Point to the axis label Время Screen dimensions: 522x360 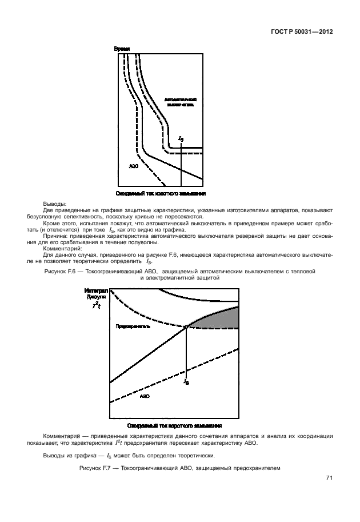point(122,49)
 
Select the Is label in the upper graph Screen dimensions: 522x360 point(181,139)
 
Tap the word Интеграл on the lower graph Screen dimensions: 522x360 point(95,290)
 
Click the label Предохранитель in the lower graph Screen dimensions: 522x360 point(133,327)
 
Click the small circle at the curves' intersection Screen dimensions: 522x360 point(187,327)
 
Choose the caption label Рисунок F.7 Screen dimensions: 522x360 point(95,468)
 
